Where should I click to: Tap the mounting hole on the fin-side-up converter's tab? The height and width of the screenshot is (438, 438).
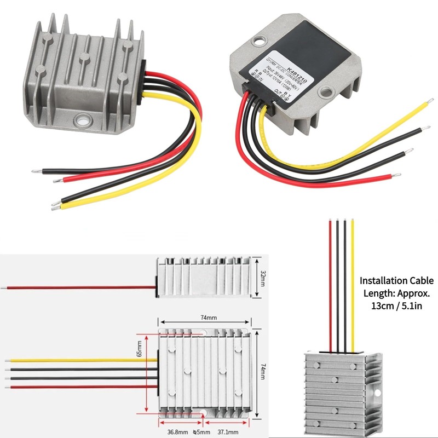(x=83, y=118)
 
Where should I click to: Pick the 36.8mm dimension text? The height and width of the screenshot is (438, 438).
(x=178, y=432)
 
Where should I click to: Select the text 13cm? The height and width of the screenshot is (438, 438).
(x=375, y=305)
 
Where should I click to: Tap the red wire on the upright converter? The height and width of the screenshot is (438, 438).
(x=330, y=285)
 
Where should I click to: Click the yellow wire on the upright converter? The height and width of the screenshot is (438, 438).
(x=353, y=285)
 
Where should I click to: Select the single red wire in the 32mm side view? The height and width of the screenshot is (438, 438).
(x=82, y=286)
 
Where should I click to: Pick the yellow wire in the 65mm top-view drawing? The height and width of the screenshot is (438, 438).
(x=82, y=360)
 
